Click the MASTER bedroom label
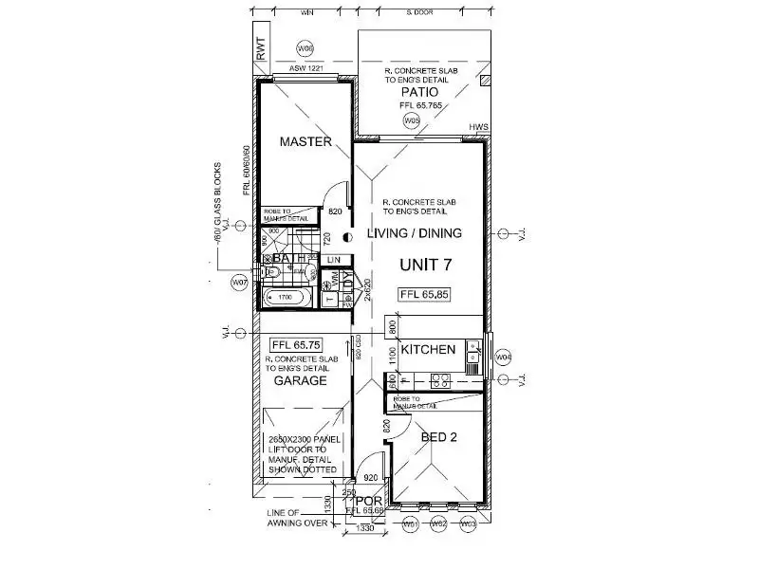(x=305, y=142)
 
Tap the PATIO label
(x=417, y=94)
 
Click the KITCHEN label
(x=428, y=350)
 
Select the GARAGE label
(x=300, y=380)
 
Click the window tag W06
(x=305, y=47)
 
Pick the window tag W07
(x=240, y=283)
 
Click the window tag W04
(x=504, y=358)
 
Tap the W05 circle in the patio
(x=412, y=121)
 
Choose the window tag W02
(x=438, y=523)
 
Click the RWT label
(x=262, y=49)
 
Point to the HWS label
(x=477, y=126)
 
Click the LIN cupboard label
(x=333, y=259)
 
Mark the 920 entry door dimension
(x=371, y=478)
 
